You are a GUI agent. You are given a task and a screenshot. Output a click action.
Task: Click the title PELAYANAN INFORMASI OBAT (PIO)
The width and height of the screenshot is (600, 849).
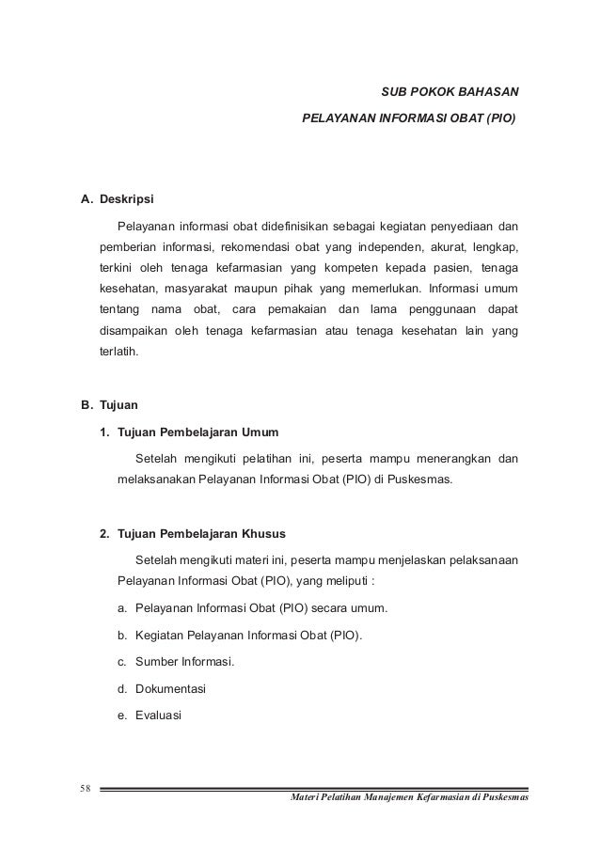tap(408, 120)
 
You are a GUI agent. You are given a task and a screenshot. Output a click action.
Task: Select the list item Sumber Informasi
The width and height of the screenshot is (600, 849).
tap(184, 661)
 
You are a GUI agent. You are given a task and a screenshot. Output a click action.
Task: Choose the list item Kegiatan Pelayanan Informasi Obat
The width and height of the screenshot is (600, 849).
tap(247, 635)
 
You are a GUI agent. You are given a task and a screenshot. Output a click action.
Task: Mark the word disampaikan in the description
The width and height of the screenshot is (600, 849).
tap(137, 332)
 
